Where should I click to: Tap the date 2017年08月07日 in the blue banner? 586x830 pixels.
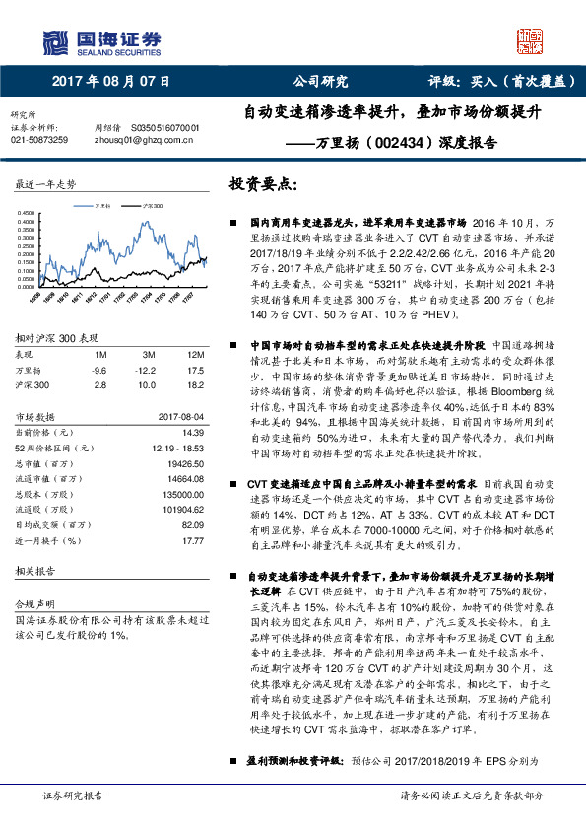[x=103, y=83]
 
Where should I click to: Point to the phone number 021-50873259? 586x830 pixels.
[x=40, y=141]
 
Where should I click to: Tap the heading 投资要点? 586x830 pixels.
[x=262, y=184]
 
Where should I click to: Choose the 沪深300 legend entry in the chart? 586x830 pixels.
[x=150, y=205]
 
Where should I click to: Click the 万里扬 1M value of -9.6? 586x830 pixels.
[x=98, y=370]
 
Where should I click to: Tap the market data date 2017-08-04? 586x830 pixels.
[x=181, y=416]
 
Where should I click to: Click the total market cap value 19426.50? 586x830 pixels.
[x=184, y=462]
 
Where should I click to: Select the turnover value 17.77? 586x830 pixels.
[x=192, y=541]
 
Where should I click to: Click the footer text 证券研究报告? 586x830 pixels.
[x=73, y=795]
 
